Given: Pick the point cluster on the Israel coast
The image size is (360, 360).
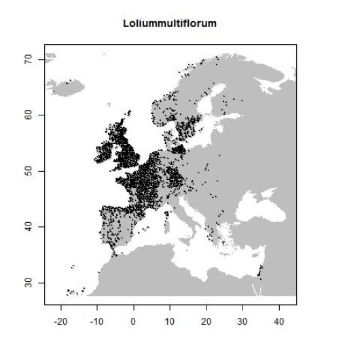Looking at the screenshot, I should [x=260, y=270].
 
